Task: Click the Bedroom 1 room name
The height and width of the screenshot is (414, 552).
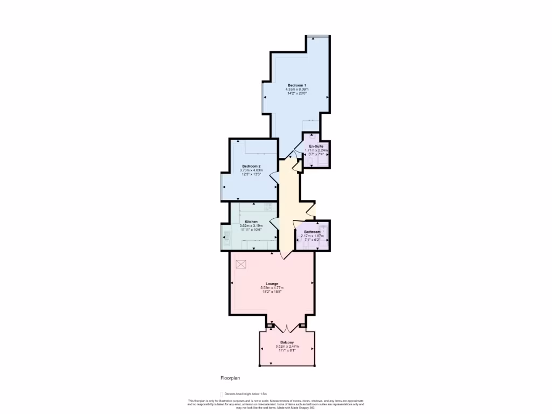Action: [x=296, y=85]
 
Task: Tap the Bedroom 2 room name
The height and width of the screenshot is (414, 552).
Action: [x=251, y=165]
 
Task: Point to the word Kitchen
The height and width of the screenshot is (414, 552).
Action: [x=251, y=222]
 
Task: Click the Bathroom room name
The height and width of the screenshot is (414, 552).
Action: [x=312, y=232]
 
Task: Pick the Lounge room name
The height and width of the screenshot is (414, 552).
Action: [x=272, y=283]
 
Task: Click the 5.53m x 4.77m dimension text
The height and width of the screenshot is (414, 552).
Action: [x=272, y=287]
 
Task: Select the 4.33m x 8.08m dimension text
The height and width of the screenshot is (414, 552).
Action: [x=296, y=89]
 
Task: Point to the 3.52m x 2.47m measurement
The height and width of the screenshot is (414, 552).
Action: [x=287, y=347]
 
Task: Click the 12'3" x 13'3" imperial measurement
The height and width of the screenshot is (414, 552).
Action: [x=251, y=174]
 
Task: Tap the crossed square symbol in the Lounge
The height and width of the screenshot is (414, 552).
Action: [x=241, y=264]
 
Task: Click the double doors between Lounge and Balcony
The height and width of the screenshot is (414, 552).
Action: [x=287, y=326]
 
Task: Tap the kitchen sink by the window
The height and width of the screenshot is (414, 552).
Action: [x=227, y=236]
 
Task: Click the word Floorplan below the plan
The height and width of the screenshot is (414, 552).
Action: [x=230, y=378]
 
